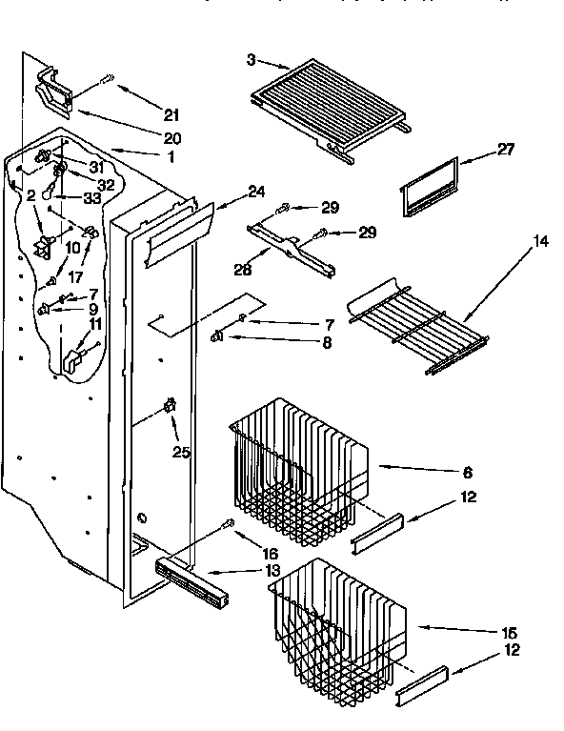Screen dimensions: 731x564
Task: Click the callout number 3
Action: (251, 59)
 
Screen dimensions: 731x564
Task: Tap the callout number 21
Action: (171, 115)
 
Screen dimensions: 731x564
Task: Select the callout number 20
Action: (171, 138)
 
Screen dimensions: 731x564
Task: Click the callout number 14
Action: (540, 242)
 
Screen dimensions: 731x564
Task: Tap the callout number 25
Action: (181, 451)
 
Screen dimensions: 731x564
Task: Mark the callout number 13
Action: (273, 570)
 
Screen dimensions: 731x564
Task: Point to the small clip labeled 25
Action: (171, 408)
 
